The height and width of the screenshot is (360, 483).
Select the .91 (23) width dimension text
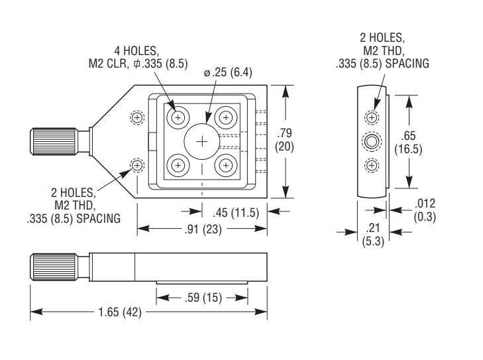pyautogui.click(x=203, y=229)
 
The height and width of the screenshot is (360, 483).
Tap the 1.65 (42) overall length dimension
pyautogui.click(x=121, y=312)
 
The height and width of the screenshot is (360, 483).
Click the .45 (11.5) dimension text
pyautogui.click(x=235, y=213)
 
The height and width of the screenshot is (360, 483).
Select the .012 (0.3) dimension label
pyautogui.click(x=425, y=210)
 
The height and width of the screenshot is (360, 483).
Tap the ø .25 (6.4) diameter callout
pyautogui.click(x=228, y=72)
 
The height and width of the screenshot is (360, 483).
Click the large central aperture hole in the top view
pyautogui.click(x=202, y=141)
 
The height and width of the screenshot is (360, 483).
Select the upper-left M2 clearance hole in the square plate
pyautogui.click(x=178, y=118)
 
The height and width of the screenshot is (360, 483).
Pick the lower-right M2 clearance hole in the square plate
pyautogui.click(x=226, y=164)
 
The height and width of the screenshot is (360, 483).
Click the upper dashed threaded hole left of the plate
pyautogui.click(x=137, y=118)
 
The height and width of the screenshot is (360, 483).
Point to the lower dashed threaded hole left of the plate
pyautogui.click(x=137, y=164)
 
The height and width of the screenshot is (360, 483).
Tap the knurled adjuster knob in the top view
pyautogui.click(x=52, y=141)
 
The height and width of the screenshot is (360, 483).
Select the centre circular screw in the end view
pyautogui.click(x=372, y=141)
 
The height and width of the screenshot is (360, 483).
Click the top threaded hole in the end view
pyautogui.click(x=372, y=118)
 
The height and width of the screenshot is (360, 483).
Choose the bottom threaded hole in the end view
pyautogui.click(x=372, y=164)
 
